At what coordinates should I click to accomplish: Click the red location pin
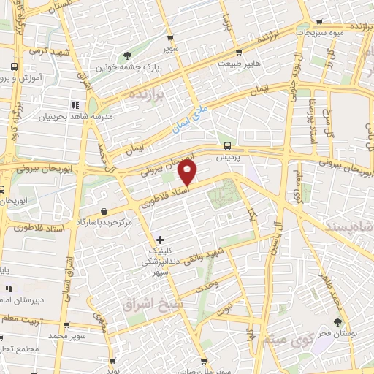188,173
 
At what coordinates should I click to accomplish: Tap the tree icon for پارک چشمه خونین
129,56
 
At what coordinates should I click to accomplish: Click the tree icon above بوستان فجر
337,322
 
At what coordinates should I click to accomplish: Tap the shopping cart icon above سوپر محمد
67,327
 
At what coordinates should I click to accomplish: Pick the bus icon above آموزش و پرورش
15,66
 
